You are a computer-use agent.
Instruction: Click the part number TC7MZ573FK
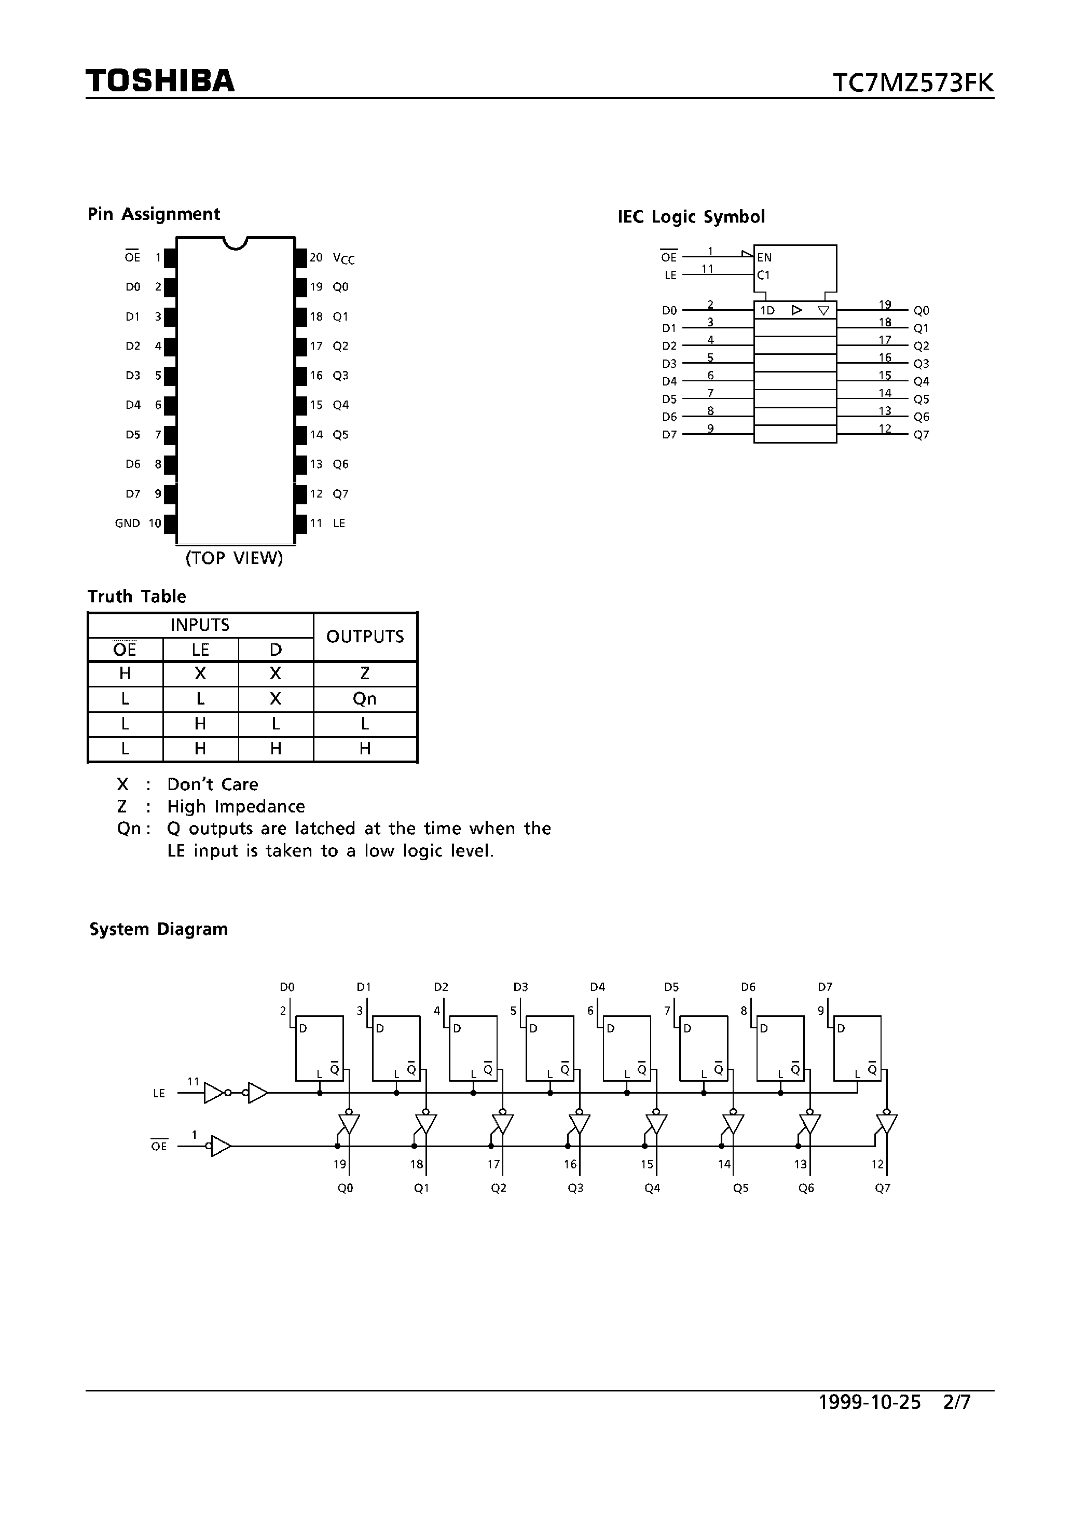click(912, 83)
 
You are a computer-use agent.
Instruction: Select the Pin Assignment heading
click(154, 214)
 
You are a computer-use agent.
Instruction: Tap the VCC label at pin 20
click(343, 258)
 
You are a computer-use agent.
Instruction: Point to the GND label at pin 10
click(128, 523)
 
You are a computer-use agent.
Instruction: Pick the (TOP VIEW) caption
click(234, 558)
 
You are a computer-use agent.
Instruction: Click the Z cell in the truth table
click(365, 674)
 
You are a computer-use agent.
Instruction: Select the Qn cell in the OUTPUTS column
click(365, 699)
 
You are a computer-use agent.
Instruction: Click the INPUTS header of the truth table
click(200, 625)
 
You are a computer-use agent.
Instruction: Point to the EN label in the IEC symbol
click(765, 258)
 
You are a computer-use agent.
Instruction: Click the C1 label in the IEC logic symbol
click(763, 275)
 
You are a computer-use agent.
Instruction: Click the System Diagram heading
click(159, 930)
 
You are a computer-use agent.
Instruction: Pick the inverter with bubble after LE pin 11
click(216, 1093)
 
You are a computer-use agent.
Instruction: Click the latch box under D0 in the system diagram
click(319, 1048)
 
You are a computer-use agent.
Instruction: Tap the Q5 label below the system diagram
click(741, 1188)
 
